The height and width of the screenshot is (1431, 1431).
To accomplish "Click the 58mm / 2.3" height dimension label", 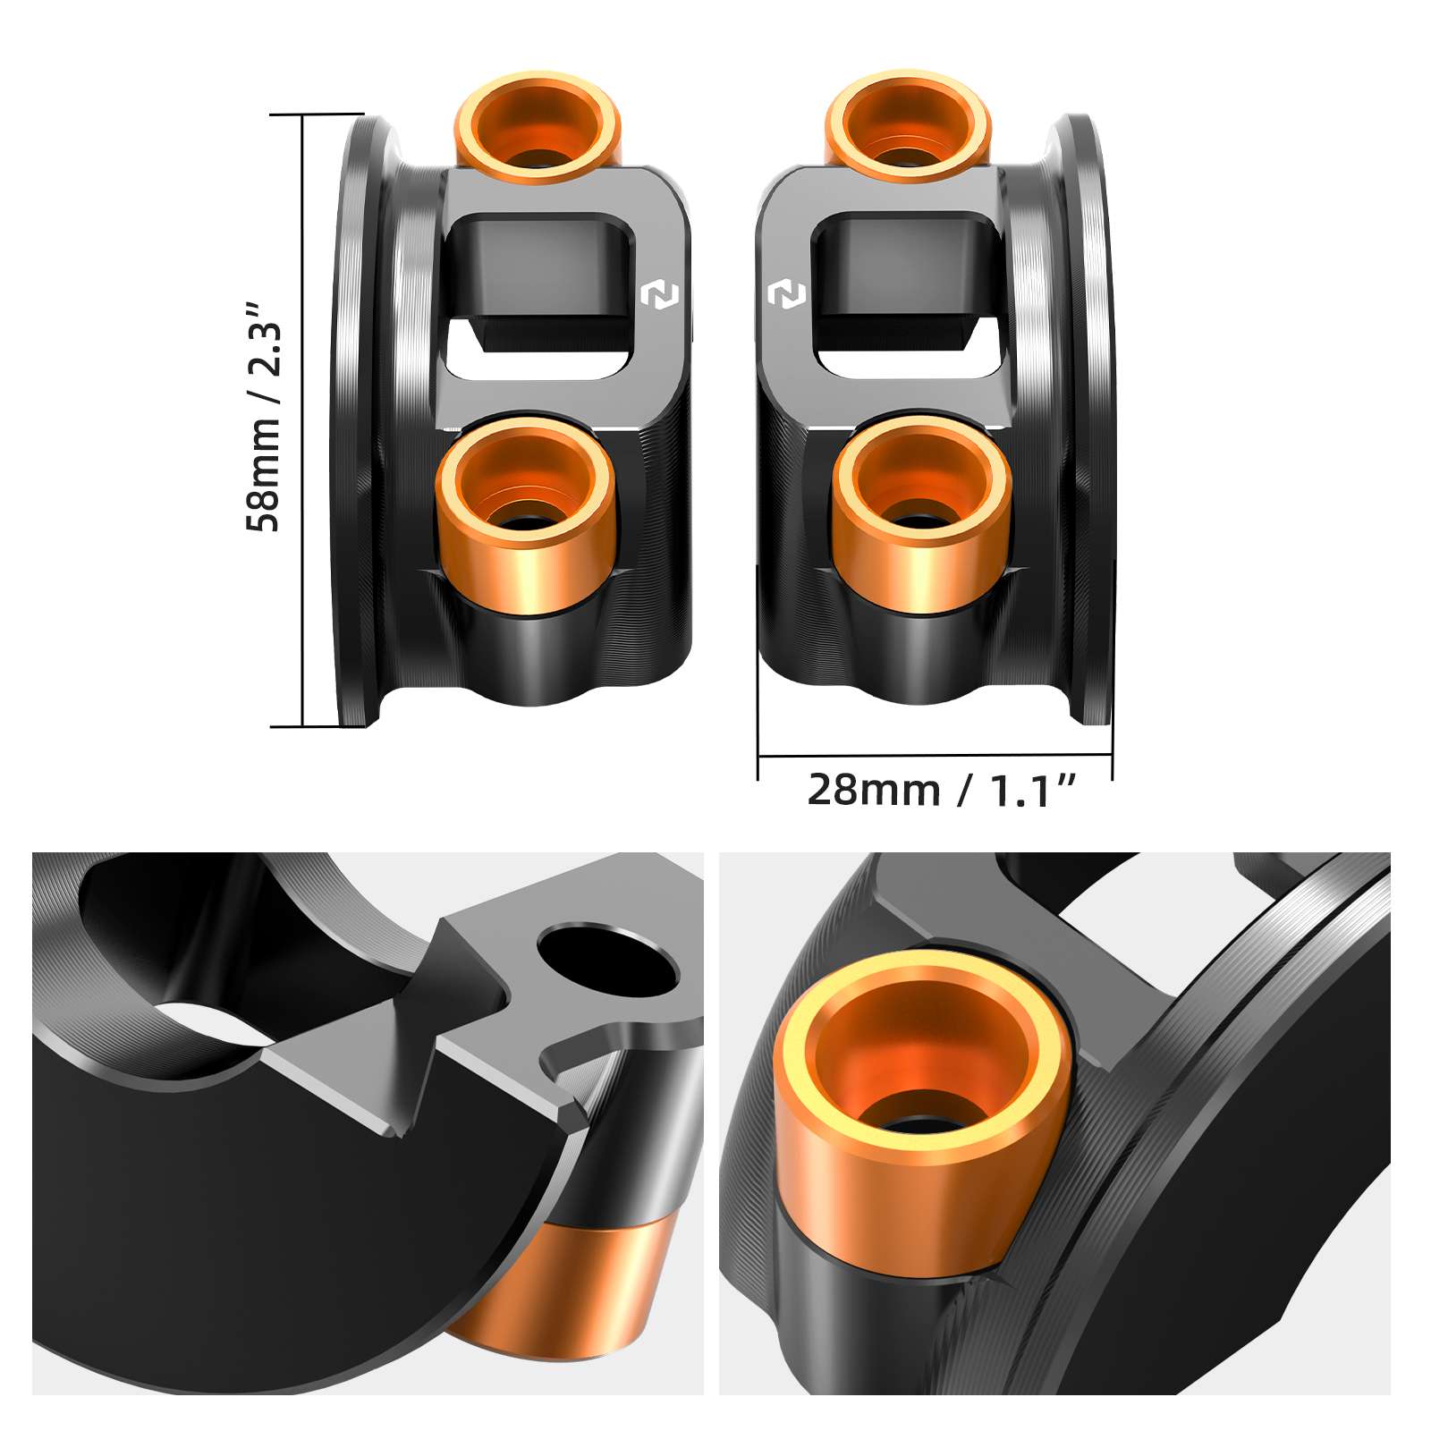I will (264, 417).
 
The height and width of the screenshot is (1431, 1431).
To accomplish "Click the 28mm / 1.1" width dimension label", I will (941, 791).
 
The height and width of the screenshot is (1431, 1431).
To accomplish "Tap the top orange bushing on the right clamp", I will (907, 125).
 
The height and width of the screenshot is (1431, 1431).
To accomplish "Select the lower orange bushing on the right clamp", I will (921, 519).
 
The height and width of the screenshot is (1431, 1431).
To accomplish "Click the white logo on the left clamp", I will (659, 295).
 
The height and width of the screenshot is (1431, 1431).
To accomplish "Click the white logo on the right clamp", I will (786, 294).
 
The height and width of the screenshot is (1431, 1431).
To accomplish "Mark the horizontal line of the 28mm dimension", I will (935, 756).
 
